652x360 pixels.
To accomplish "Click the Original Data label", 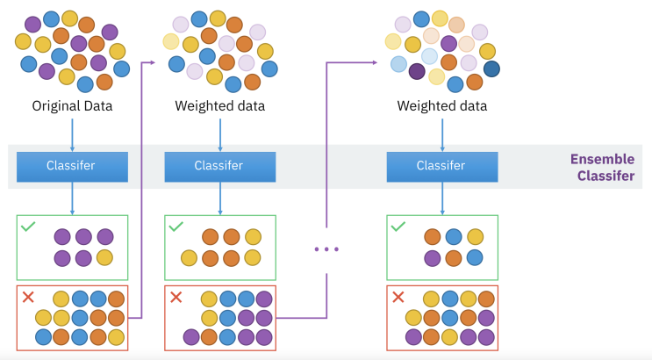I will tap(73, 106).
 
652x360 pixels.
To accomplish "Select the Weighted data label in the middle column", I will tap(220, 106).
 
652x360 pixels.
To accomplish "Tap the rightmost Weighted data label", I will tap(442, 106).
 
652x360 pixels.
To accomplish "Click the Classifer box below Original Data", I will tap(73, 166).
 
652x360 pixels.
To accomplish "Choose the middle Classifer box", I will tap(220, 166).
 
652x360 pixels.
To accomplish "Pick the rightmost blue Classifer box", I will tap(442, 166).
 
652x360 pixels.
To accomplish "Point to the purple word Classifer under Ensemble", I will tap(605, 176).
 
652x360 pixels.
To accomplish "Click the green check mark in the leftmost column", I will tap(28, 227).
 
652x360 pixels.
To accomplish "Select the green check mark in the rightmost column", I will tap(398, 227).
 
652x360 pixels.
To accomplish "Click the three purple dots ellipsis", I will tap(326, 249).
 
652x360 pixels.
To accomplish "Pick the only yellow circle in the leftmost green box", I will tap(104, 257).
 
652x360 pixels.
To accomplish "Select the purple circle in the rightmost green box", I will tap(432, 257).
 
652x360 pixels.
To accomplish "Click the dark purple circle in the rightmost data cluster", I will tap(417, 72).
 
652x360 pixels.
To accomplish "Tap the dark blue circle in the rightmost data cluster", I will tap(491, 68).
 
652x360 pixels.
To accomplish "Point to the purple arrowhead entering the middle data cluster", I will tap(151, 62).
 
